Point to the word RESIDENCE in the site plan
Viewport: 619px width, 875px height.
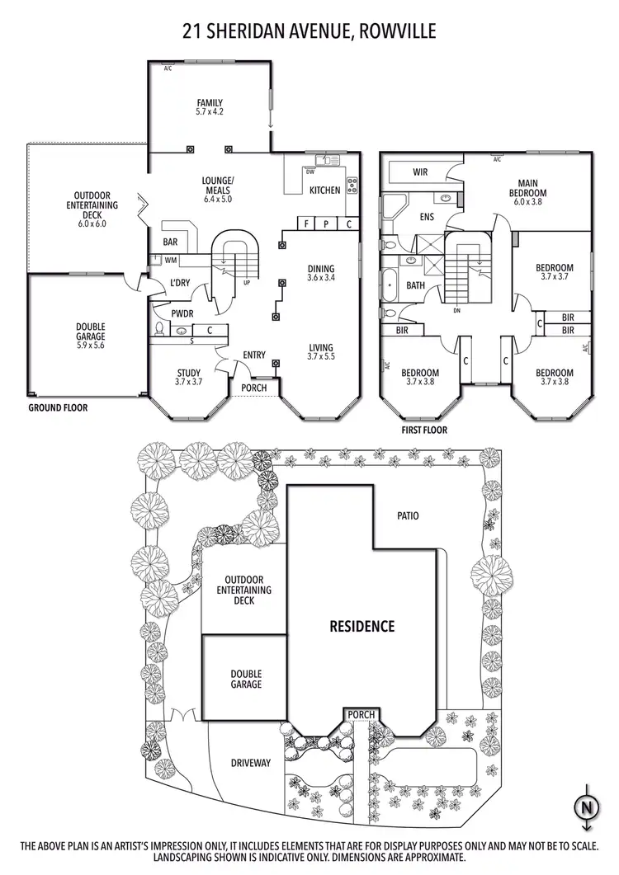click(x=362, y=626)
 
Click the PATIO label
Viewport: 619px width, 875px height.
click(x=407, y=516)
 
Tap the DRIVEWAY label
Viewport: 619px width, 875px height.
click(x=251, y=764)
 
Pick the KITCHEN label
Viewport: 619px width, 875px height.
click(x=324, y=191)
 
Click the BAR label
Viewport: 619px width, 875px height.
click(x=171, y=243)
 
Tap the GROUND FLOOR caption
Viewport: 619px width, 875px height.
click(x=58, y=407)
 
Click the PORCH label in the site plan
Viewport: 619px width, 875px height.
click(x=361, y=714)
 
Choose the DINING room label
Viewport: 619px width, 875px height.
click(x=321, y=273)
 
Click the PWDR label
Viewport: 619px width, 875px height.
click(x=182, y=313)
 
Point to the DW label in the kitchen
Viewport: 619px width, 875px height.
click(x=310, y=172)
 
